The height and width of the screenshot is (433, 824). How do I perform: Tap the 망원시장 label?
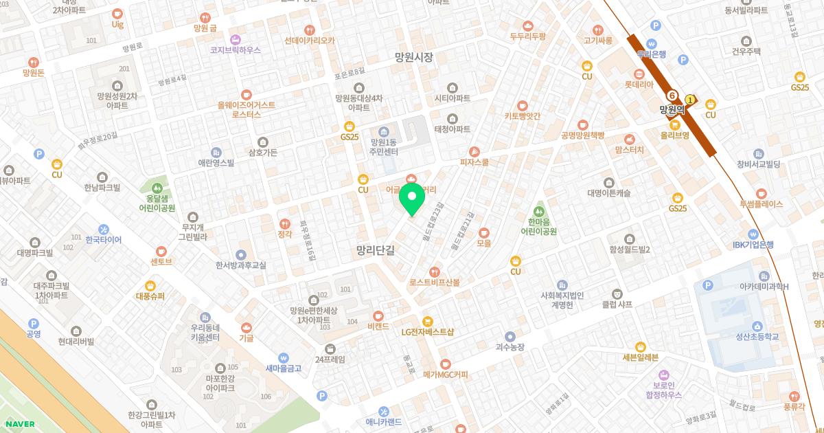tap(414, 58)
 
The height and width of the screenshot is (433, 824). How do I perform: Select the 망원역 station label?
tap(673, 109)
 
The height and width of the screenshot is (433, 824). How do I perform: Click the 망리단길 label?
tap(376, 251)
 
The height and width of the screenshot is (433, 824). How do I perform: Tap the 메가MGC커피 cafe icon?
tap(445, 363)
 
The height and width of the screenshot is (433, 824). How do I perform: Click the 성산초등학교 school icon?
tap(757, 326)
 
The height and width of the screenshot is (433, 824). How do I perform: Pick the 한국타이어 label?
tap(104, 240)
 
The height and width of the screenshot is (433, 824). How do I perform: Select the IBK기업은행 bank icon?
tap(753, 234)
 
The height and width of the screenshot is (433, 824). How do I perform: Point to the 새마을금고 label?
tap(283, 368)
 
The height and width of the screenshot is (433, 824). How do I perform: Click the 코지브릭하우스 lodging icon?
tap(236, 38)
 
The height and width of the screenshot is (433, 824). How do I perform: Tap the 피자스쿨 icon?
tap(474, 152)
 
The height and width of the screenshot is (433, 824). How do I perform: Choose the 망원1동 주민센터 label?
tap(384, 146)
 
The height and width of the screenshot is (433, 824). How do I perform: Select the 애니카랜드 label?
tap(384, 422)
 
